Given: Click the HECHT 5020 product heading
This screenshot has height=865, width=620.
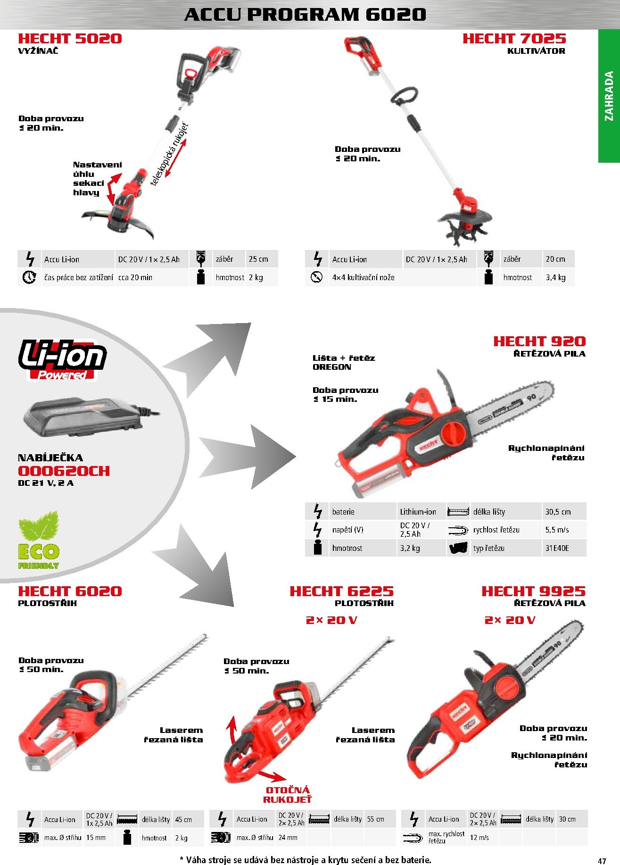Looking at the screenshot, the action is pos(70,39).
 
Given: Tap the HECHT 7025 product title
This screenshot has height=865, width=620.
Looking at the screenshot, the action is pos(514,39).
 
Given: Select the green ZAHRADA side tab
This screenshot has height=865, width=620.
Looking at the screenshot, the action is pos(609,96).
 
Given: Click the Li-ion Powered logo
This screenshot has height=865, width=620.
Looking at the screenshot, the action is pos(62,359).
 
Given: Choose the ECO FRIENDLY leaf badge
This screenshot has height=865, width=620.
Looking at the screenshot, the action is pos(39,541).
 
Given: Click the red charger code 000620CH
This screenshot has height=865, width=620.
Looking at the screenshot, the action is pos(64,471).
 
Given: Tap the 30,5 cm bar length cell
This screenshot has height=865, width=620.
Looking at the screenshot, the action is pos(558,512).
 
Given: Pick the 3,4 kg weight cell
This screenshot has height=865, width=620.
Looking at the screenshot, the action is pos(555,277).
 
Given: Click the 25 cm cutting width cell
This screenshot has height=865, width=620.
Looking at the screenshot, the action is pos(258,259).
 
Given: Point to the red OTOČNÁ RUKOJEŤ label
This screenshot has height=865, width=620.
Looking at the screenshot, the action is pos(288,795).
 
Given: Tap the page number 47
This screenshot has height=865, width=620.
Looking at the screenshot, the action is pos(602,861).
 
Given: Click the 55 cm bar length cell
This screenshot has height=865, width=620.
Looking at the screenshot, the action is pos(376,819).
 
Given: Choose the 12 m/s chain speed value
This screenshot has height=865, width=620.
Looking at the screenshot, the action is pos(479,838).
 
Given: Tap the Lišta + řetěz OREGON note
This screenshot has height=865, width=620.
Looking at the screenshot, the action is pos(344,363).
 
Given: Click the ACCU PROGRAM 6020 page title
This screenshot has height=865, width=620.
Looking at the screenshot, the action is pos(305,15).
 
